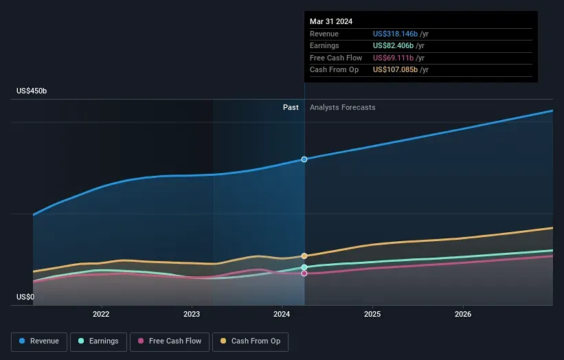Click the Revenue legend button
click(x=39, y=341)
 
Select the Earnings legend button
click(x=98, y=341)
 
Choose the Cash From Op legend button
click(x=250, y=341)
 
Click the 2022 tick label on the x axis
click(x=101, y=314)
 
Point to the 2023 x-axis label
click(x=192, y=314)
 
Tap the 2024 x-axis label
click(x=282, y=314)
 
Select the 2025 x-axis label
click(x=372, y=314)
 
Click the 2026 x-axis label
click(x=463, y=314)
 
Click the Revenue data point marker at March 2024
click(x=304, y=159)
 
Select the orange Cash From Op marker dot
click(x=304, y=256)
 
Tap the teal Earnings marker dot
click(x=304, y=267)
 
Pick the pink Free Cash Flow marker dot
click(x=304, y=273)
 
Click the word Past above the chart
click(x=291, y=107)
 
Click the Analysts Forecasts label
click(x=343, y=107)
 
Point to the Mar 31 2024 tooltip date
click(x=331, y=21)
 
